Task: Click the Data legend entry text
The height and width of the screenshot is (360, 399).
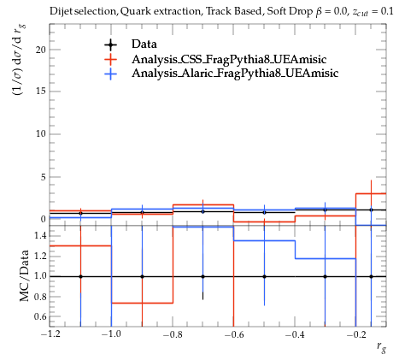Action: (144, 44)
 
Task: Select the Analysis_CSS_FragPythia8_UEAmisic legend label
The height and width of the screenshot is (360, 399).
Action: (229, 59)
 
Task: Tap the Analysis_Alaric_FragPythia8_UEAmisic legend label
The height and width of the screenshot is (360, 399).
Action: (235, 73)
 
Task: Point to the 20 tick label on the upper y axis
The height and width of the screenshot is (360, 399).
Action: (41, 50)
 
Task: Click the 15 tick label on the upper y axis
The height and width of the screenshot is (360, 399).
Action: (41, 91)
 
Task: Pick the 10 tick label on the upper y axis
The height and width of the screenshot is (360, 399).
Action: (41, 134)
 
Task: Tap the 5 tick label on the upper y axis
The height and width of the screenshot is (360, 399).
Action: (44, 177)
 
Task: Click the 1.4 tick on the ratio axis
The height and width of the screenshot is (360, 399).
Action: (40, 236)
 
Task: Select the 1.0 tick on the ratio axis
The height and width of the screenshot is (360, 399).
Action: (40, 276)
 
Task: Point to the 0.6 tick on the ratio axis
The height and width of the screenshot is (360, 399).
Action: (40, 316)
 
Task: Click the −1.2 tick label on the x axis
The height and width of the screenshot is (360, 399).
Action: (50, 334)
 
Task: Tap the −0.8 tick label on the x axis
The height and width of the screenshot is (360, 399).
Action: (173, 334)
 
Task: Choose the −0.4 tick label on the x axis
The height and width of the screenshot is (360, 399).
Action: (295, 334)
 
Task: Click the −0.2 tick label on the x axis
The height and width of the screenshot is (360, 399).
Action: (356, 334)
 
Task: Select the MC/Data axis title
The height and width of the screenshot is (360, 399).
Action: (25, 275)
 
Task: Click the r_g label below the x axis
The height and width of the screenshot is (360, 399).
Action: (382, 347)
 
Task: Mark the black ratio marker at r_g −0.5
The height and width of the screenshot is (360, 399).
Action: (264, 276)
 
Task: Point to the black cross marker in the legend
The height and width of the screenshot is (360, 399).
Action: (110, 44)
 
